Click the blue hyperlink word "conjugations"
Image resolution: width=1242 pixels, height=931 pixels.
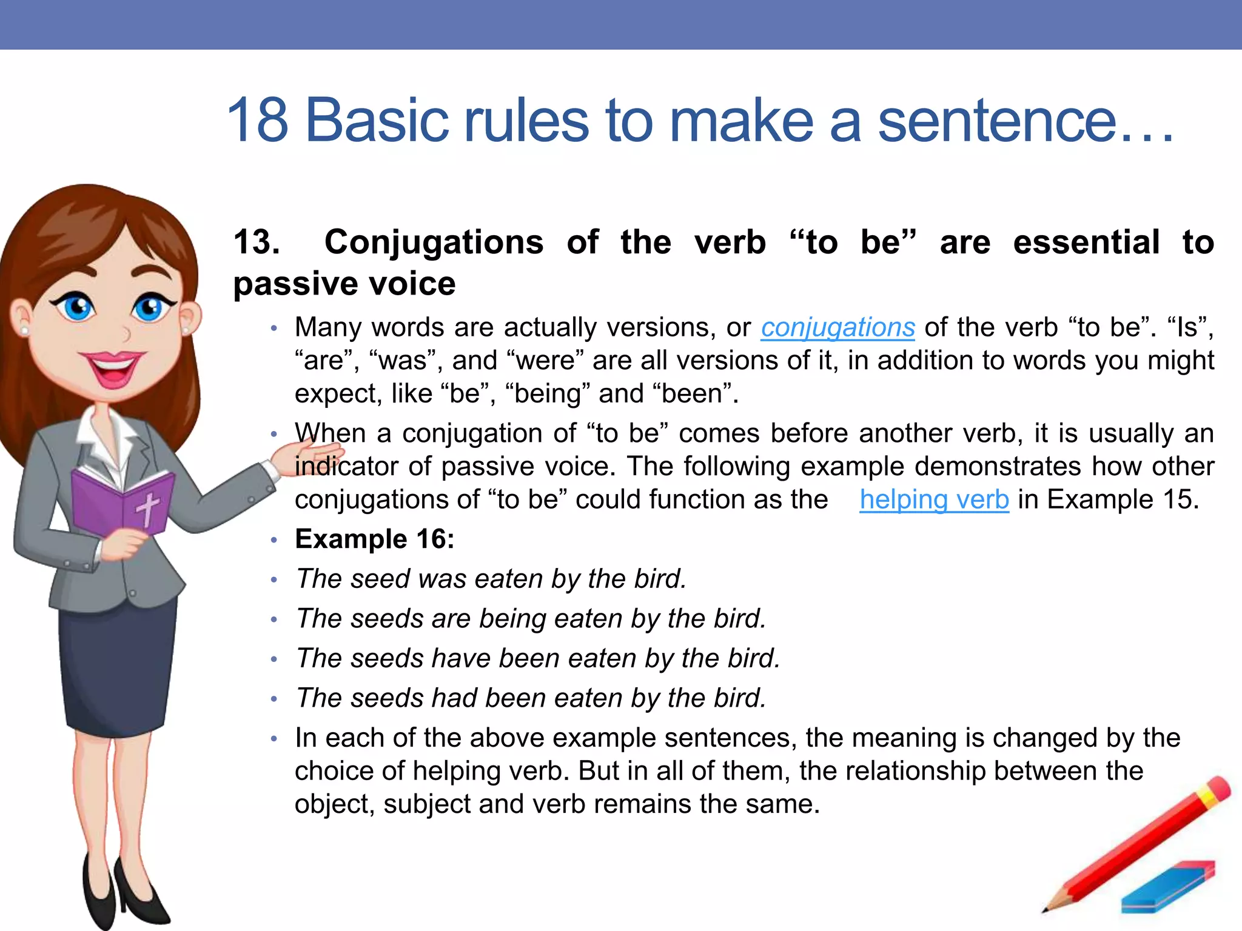[838, 328]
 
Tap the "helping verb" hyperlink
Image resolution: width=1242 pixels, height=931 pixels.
[934, 500]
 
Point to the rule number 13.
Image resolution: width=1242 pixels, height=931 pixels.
[257, 242]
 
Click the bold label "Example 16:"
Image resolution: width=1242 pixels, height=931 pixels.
[374, 539]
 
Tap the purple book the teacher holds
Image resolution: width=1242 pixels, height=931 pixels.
[121, 503]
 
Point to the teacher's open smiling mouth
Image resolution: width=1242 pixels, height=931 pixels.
[113, 367]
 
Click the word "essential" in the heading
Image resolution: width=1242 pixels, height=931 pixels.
[1086, 242]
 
